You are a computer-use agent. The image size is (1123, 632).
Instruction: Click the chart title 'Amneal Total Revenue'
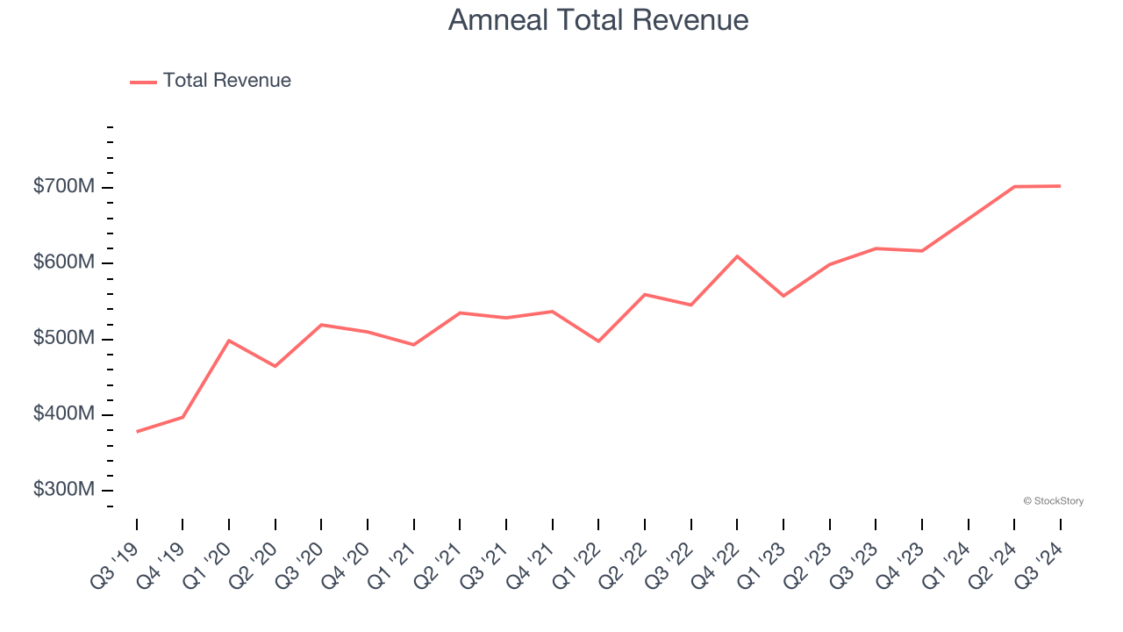598,20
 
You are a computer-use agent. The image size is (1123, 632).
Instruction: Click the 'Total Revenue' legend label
226,81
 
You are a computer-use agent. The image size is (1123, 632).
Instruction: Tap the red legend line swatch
143,82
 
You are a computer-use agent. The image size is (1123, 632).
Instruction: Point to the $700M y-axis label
64,188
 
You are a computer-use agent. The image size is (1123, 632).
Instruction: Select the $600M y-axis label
64,263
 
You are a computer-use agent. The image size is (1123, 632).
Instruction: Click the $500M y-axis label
64,339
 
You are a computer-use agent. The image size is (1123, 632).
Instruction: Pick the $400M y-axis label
64,414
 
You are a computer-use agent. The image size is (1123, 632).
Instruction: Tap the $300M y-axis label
64,490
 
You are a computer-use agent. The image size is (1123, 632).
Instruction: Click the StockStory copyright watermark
1053,501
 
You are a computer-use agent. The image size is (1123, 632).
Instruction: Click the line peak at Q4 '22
737,256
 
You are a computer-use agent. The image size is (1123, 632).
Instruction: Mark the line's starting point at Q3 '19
137,432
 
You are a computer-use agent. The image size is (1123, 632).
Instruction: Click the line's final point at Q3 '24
1060,186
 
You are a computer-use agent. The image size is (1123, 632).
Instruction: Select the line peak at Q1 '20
229,341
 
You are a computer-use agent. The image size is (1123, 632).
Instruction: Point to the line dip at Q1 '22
598,341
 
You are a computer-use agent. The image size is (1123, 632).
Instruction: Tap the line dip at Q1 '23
783,296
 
